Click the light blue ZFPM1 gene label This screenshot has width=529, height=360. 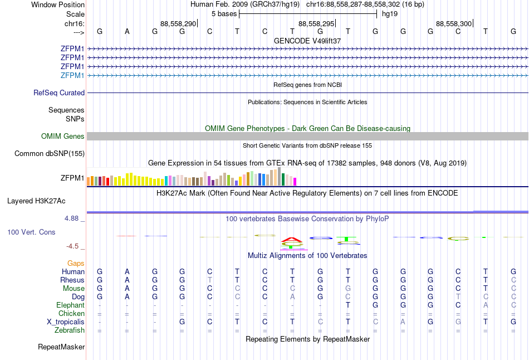coord(72,75)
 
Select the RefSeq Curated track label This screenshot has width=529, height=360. coord(59,93)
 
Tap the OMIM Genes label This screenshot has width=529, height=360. coord(63,137)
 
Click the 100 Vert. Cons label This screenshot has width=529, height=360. coord(31,232)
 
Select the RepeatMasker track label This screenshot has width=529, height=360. coord(61,347)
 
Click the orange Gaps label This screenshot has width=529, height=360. coord(76,263)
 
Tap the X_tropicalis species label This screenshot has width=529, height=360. coord(66,322)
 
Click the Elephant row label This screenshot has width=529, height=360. coord(70,305)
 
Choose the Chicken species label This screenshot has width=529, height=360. coord(71,314)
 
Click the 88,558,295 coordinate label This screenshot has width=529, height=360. coord(316,24)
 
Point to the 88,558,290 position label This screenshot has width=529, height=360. coord(178,24)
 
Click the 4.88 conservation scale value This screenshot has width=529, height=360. coord(72,218)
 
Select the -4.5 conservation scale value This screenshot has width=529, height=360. coord(74,246)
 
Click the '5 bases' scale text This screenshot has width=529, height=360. coord(224,13)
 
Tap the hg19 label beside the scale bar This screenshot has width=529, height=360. coord(389,13)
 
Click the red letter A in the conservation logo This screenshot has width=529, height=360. coord(291,240)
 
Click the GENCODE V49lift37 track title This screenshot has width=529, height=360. coord(307,41)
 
